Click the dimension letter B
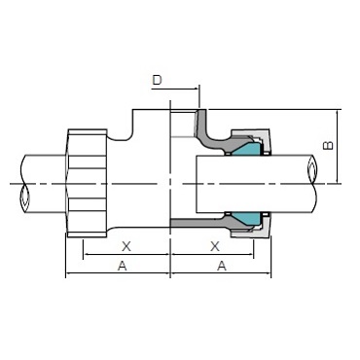pyautogui.click(x=328, y=146)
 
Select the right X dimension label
pyautogui.click(x=214, y=247)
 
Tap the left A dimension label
pyautogui.click(x=122, y=267)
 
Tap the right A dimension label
pyautogui.click(x=221, y=267)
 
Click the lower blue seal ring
pyautogui.click(x=246, y=216)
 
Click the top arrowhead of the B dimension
pyautogui.click(x=336, y=115)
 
